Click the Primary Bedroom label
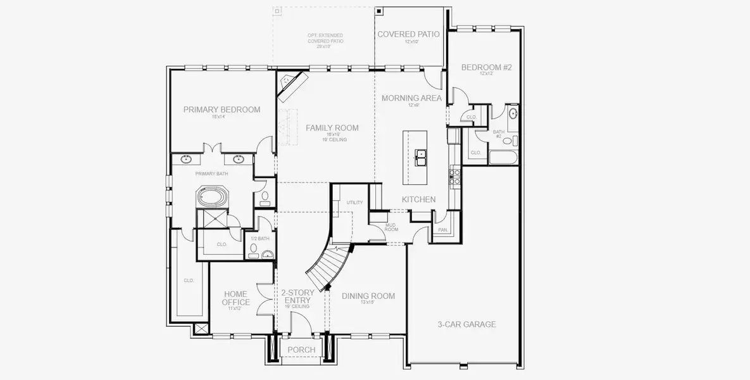(222, 110)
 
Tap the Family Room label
(332, 128)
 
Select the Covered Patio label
(408, 34)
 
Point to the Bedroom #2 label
(485, 67)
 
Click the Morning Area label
(411, 98)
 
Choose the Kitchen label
(418, 199)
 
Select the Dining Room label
(368, 296)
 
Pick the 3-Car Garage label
(466, 324)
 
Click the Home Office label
(235, 298)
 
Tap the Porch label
(301, 350)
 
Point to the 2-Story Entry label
(297, 296)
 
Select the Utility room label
(354, 203)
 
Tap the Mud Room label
(391, 227)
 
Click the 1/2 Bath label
(259, 239)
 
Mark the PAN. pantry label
(442, 230)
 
